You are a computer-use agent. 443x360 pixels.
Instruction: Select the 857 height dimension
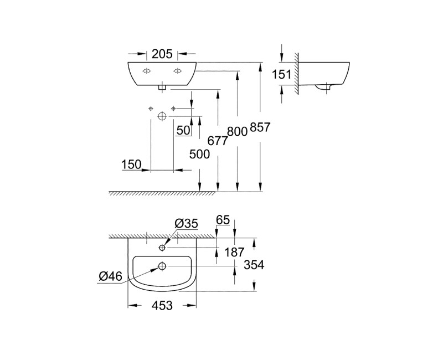click(x=260, y=128)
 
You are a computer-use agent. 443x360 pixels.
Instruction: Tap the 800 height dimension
click(x=237, y=132)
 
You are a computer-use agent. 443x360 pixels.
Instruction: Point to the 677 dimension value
click(x=219, y=141)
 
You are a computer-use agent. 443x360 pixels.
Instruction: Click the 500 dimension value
click(x=199, y=155)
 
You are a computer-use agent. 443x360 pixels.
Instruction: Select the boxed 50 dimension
click(x=183, y=130)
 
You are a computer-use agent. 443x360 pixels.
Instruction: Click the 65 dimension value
click(x=222, y=221)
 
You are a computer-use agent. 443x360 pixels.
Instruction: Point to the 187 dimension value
click(x=235, y=253)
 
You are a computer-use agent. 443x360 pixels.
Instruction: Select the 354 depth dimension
click(x=254, y=265)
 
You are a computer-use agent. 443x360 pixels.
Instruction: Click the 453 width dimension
click(x=162, y=305)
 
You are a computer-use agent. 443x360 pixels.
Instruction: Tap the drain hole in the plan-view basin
click(x=162, y=266)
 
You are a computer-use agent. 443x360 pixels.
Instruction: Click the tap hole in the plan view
click(x=162, y=247)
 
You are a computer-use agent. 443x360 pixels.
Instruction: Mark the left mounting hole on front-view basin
click(x=147, y=71)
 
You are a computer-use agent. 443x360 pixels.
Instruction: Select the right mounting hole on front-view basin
click(x=178, y=71)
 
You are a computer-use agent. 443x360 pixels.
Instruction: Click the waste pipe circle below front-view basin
click(x=162, y=116)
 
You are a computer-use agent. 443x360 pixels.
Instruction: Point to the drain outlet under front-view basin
click(x=162, y=87)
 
